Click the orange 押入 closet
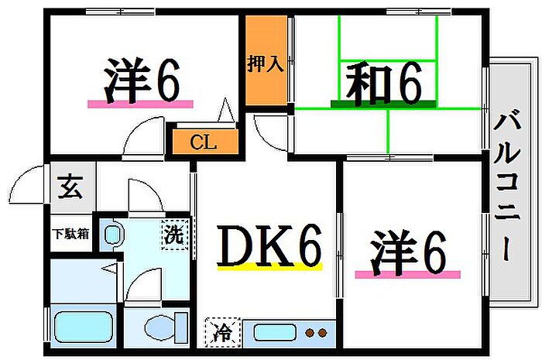tap(266, 60)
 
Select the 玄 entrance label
tap(70, 187)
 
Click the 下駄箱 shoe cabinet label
tap(70, 234)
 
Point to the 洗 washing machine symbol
tap(175, 235)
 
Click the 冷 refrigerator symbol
tap(223, 332)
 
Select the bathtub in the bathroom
tap(84, 326)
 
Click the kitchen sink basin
tap(275, 332)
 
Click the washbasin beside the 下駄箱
tap(113, 235)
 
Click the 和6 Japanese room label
tap(384, 84)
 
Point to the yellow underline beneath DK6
tap(269, 266)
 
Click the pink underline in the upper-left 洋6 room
tap(140, 104)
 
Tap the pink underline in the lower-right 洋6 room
tap(408, 275)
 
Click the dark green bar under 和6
tap(383, 104)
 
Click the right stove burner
tap(323, 333)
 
